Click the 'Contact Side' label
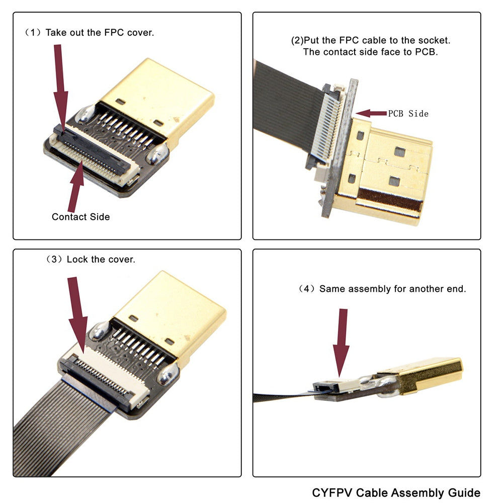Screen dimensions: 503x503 click(80, 217)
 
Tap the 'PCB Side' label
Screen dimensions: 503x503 click(408, 114)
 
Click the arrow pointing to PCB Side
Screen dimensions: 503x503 click(371, 113)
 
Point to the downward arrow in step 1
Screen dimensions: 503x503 click(60, 86)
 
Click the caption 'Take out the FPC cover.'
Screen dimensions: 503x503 click(99, 33)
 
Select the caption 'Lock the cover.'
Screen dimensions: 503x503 click(101, 260)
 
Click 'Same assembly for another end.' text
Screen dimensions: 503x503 click(392, 289)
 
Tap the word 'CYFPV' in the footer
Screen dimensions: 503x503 click(332, 492)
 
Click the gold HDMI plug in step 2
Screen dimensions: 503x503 click(392, 171)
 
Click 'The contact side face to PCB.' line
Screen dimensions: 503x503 click(370, 52)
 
